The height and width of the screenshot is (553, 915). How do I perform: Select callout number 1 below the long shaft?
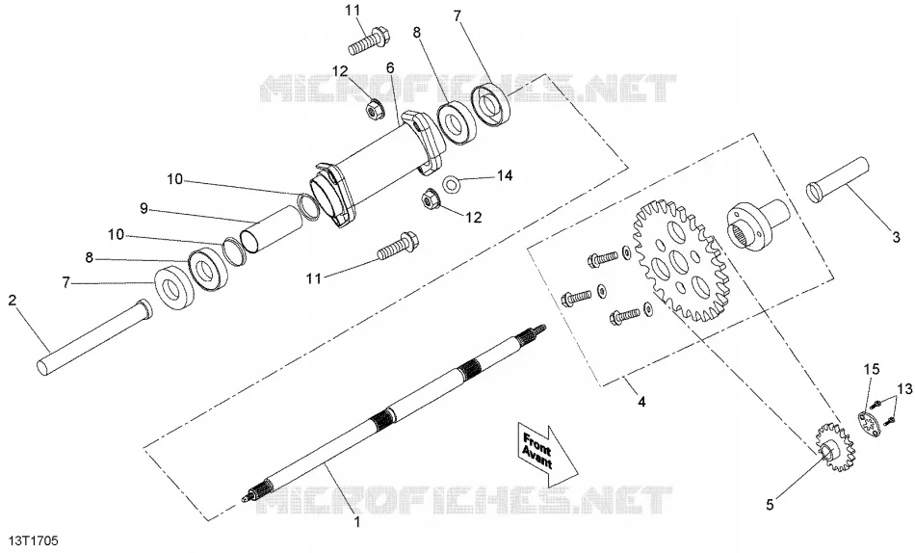tap(357, 521)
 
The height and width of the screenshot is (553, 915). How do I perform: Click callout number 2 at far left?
tap(13, 302)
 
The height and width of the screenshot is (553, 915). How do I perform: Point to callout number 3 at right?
tap(897, 238)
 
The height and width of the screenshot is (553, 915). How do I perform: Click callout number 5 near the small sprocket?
tap(770, 505)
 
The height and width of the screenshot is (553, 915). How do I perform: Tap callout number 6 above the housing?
tap(390, 68)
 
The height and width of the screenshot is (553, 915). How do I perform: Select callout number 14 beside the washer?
tap(505, 175)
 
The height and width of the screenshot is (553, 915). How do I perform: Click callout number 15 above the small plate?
tap(872, 369)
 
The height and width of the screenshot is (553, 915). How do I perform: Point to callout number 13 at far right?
tap(903, 388)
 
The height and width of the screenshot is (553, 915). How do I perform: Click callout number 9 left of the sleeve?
tap(144, 207)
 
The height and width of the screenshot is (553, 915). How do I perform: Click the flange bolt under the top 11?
tap(369, 40)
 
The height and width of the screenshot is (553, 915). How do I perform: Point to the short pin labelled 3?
tap(837, 179)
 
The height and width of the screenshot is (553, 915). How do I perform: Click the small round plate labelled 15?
tap(872, 425)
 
